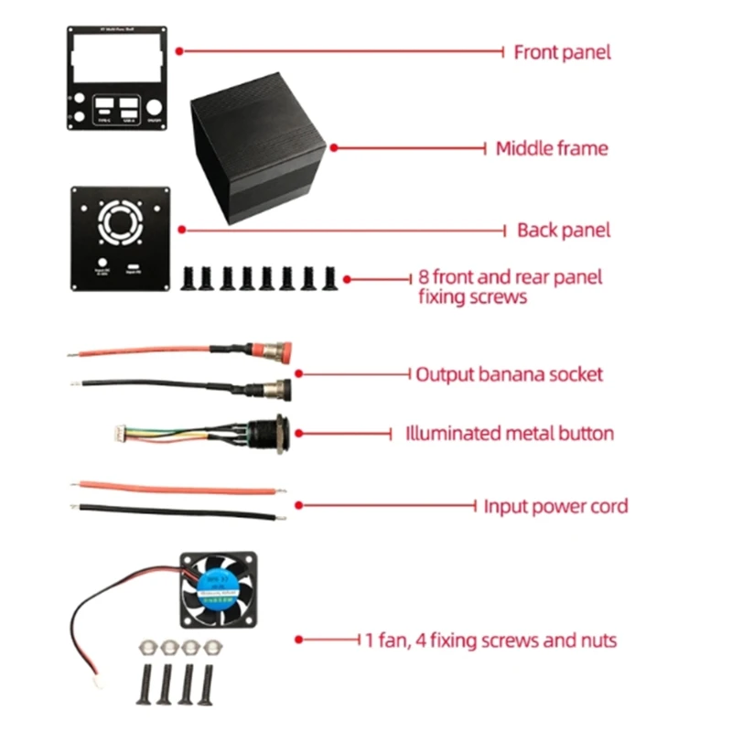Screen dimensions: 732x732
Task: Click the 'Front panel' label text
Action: [x=562, y=52]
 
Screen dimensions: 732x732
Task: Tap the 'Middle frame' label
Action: [x=551, y=147]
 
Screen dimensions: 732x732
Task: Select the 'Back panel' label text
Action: [x=563, y=230]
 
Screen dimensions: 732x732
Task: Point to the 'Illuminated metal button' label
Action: [x=510, y=433]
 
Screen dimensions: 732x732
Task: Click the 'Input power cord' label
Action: [x=555, y=505]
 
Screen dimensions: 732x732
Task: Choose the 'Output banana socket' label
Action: [x=509, y=374]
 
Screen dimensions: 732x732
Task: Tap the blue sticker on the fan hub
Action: [x=219, y=589]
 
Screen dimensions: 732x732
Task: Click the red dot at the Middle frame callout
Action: [x=334, y=147]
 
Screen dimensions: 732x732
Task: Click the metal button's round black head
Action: [x=272, y=432]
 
